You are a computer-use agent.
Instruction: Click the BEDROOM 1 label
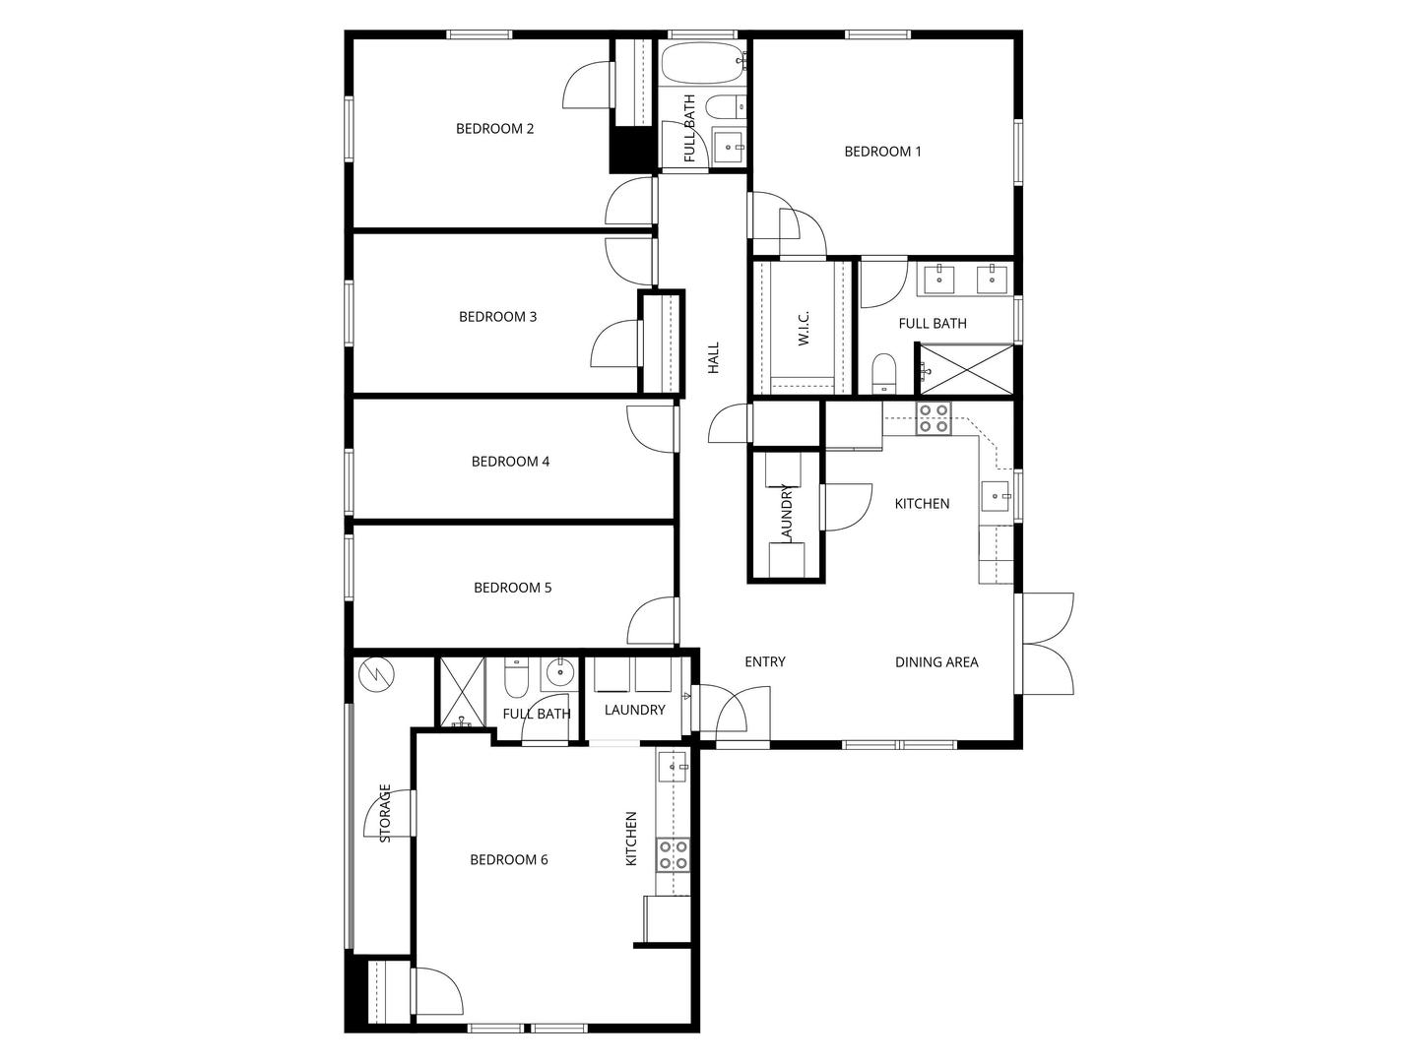tap(882, 152)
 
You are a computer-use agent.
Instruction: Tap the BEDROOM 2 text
tap(495, 128)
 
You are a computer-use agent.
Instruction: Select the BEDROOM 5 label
tap(512, 588)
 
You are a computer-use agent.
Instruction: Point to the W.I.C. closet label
tap(804, 328)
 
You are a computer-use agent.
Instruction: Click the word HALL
tap(713, 357)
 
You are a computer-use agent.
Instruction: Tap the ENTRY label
tap(765, 661)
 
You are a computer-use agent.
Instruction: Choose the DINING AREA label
tap(936, 661)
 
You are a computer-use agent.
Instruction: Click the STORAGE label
tap(385, 813)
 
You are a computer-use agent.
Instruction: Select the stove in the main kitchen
tap(934, 417)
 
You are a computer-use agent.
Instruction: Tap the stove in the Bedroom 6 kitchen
tap(673, 854)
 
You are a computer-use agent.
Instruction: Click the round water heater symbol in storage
tap(376, 675)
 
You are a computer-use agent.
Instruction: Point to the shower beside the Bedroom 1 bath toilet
tap(966, 369)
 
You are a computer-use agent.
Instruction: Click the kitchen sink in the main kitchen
tap(996, 496)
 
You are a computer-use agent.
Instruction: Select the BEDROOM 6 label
tap(508, 859)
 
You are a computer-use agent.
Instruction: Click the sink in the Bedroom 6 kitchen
tap(673, 767)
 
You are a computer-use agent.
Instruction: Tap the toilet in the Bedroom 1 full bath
tap(883, 374)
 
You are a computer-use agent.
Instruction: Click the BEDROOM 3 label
tap(497, 317)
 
